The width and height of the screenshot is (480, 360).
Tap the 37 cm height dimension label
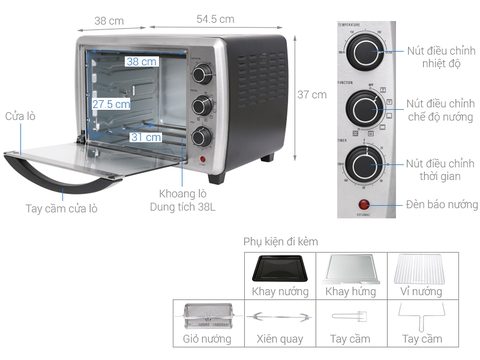pos(312,95)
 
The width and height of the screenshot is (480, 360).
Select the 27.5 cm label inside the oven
pos(110,103)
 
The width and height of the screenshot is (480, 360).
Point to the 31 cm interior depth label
pos(145,137)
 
